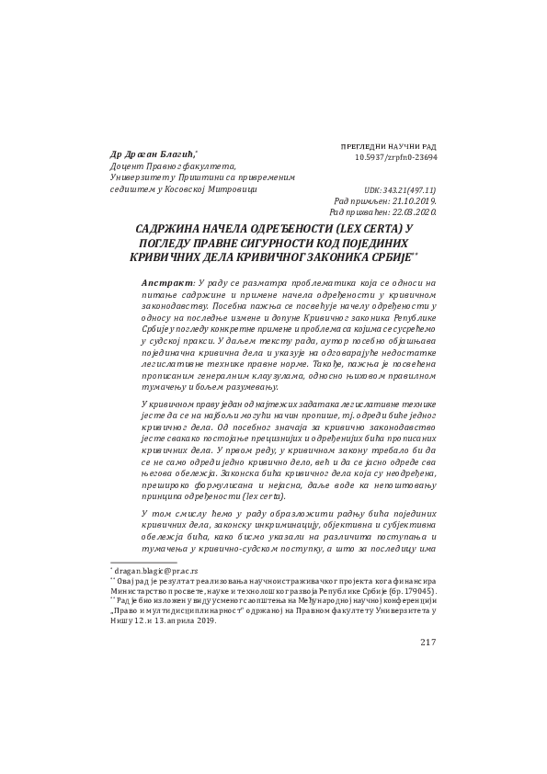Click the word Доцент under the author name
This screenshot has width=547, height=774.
(x=128, y=166)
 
